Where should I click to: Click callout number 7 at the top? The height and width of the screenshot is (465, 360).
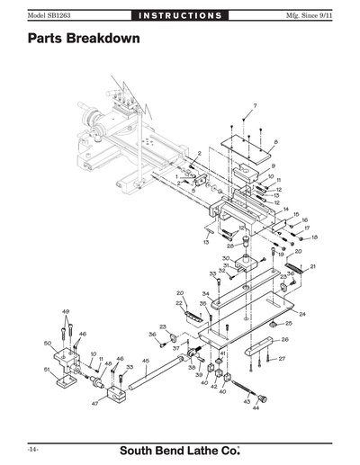pyautogui.click(x=254, y=106)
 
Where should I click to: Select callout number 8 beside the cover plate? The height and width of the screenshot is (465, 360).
pyautogui.click(x=274, y=142)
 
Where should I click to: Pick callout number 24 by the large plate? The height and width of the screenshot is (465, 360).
pyautogui.click(x=302, y=314)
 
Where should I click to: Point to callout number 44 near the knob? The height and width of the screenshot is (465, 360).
pyautogui.click(x=256, y=408)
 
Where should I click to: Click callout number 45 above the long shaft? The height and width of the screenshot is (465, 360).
pyautogui.click(x=146, y=361)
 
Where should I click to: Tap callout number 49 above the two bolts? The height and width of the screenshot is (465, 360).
pyautogui.click(x=65, y=311)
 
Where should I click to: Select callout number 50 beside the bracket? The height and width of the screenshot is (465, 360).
pyautogui.click(x=47, y=343)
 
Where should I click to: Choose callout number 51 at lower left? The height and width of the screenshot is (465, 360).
pyautogui.click(x=47, y=370)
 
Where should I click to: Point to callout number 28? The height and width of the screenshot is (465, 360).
pyautogui.click(x=230, y=246)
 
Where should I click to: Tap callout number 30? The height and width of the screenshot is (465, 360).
pyautogui.click(x=227, y=258)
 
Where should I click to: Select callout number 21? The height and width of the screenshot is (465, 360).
pyautogui.click(x=312, y=267)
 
